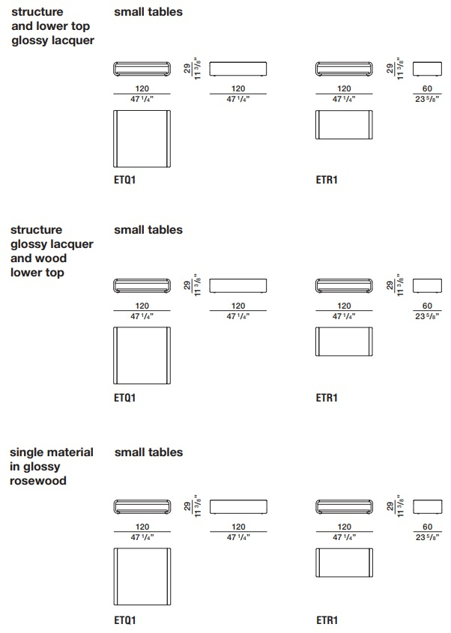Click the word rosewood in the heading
(38, 481)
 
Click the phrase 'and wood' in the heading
(38, 258)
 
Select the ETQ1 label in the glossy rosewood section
(125, 620)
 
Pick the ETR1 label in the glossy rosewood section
(327, 620)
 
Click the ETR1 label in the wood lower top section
(326, 398)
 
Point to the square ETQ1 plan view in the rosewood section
(142, 577)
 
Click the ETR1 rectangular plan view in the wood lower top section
(344, 342)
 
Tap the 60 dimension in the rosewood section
(428, 527)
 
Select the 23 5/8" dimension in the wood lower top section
(427, 316)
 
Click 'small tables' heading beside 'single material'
(148, 452)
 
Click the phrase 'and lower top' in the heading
(50, 26)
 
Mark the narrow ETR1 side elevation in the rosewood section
(428, 506)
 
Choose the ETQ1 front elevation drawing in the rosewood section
(142, 507)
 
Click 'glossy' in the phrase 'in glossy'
(42, 467)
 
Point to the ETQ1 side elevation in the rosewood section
(238, 506)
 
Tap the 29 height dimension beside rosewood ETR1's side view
(390, 506)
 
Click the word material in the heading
(71, 452)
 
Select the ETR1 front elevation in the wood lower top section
(344, 286)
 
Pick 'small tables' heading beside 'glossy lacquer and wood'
(148, 230)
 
